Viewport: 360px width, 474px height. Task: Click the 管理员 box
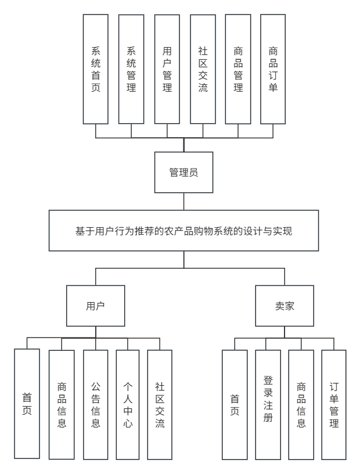click(x=183, y=173)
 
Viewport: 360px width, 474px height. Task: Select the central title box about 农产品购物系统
click(x=183, y=231)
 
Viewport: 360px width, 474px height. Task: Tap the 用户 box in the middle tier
click(x=95, y=306)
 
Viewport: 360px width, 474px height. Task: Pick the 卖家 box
click(x=284, y=306)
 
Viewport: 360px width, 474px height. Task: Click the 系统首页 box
click(x=96, y=69)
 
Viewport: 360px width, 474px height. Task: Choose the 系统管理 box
click(x=131, y=69)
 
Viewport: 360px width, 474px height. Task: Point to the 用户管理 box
click(x=167, y=69)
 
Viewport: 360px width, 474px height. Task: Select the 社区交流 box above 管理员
click(x=203, y=69)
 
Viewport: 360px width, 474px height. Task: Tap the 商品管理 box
click(x=238, y=69)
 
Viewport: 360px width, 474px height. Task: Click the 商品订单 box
click(x=273, y=69)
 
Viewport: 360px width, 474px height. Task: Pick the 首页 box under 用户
click(x=27, y=404)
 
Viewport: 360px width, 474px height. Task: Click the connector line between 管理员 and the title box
click(x=183, y=202)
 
